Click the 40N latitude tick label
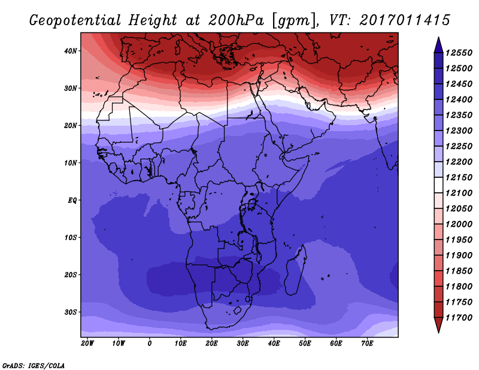[71, 51]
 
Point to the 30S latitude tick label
[71, 312]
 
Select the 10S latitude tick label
[71, 237]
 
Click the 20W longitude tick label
[87, 344]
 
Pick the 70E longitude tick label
[368, 344]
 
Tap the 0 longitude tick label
[150, 344]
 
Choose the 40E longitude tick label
[274, 344]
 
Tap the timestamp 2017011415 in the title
[405, 20]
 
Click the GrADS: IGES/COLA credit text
[34, 365]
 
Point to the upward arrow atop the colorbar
[438, 44]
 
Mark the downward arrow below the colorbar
[438, 325]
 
